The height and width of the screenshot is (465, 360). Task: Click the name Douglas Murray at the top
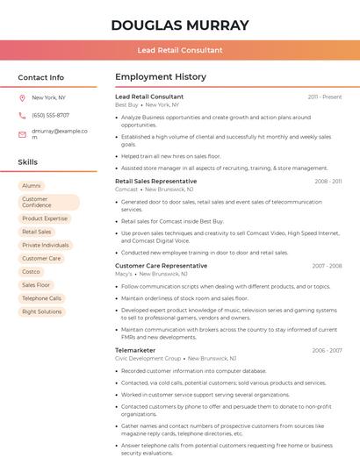click(x=180, y=25)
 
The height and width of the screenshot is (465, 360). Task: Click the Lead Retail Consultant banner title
click(x=180, y=50)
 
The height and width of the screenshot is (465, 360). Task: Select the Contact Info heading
click(x=40, y=77)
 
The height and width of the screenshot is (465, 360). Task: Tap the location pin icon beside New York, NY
click(x=22, y=97)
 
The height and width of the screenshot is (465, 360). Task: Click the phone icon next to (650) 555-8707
click(x=22, y=115)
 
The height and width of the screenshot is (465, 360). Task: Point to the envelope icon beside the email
click(x=22, y=134)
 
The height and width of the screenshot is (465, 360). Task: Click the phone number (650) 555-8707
click(x=50, y=115)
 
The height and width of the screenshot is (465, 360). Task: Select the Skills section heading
click(x=28, y=162)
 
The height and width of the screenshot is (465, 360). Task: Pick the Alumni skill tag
click(x=32, y=186)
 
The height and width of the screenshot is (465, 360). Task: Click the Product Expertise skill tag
click(x=45, y=218)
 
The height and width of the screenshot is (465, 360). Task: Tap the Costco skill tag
click(x=32, y=272)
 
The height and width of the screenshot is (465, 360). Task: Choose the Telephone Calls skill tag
click(x=42, y=298)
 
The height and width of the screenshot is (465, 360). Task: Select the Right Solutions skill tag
click(x=42, y=311)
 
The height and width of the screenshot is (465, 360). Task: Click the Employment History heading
click(x=160, y=77)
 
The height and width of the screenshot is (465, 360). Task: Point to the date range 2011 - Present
click(x=325, y=97)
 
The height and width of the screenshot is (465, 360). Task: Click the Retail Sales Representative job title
click(x=155, y=181)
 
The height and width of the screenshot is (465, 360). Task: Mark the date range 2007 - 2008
click(x=327, y=266)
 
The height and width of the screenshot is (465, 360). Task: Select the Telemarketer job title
click(x=135, y=350)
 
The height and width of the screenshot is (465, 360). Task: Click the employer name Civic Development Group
click(x=148, y=358)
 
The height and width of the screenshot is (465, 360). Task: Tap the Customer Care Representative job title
click(x=161, y=265)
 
